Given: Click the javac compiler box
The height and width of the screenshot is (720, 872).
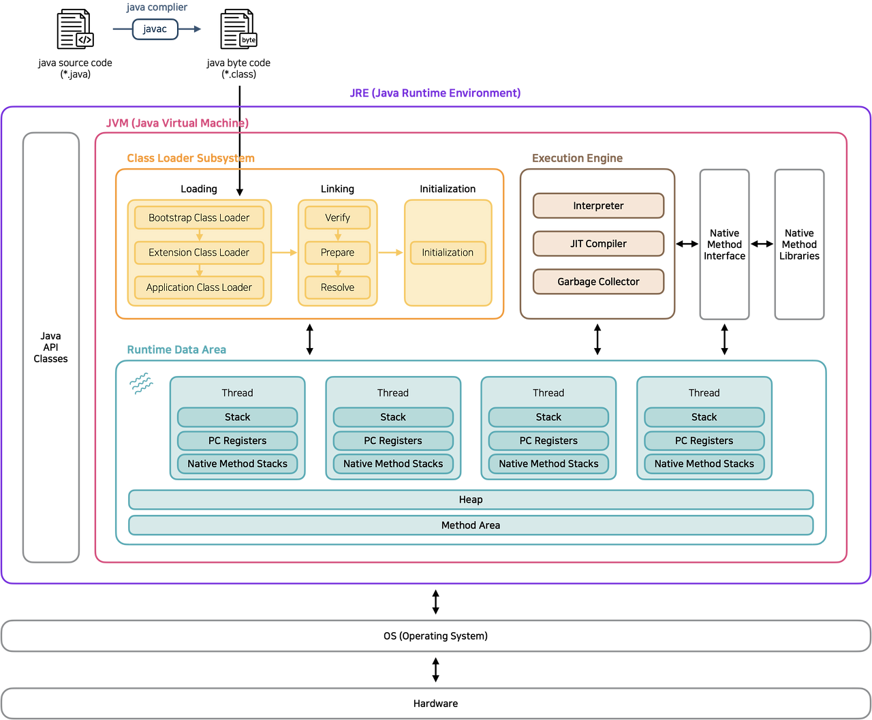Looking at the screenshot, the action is tap(155, 29).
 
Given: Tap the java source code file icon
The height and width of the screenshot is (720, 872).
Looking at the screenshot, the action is tap(75, 29).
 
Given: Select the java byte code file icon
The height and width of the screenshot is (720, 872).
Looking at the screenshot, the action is tap(238, 29).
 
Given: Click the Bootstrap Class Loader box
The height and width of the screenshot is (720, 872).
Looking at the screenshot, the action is tap(199, 217).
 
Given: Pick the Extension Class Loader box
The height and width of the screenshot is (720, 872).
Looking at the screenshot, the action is tap(199, 253).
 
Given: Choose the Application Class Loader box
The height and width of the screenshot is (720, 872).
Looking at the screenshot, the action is tap(199, 287).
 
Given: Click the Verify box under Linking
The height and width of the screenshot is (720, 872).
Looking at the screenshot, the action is tap(337, 217).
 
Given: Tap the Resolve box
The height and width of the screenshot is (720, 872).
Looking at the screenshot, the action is tap(337, 287).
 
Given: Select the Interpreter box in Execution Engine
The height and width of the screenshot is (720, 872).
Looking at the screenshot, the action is tap(598, 206).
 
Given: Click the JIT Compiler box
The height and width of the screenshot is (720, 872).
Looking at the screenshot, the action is tap(598, 243).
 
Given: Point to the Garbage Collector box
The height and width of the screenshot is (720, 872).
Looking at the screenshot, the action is tap(598, 281).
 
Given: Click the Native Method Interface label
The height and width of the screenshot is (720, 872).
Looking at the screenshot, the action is tap(724, 245).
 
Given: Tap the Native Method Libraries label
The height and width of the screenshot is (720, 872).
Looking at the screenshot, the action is tap(799, 245).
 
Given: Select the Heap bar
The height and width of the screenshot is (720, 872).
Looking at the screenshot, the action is tap(471, 499).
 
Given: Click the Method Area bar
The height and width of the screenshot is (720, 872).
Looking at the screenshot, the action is tap(471, 525).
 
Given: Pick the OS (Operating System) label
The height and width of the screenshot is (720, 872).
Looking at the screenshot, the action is tap(435, 636).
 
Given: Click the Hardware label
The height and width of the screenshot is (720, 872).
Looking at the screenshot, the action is tap(435, 703).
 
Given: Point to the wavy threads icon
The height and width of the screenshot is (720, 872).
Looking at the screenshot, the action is tap(141, 383).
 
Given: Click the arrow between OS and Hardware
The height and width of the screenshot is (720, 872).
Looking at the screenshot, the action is tap(435, 670).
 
